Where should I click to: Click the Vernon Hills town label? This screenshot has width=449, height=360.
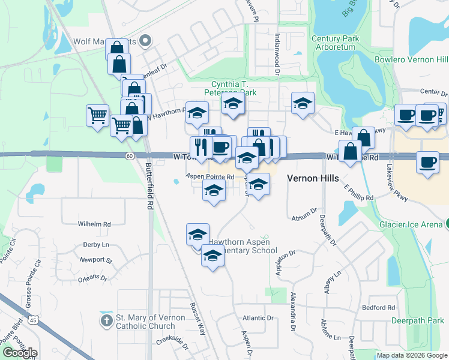[x=313, y=178]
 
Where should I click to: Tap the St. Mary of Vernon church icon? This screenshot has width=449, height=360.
[x=107, y=320]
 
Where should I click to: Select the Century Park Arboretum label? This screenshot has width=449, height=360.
[x=335, y=43]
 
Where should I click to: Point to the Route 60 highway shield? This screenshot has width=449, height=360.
[x=130, y=156]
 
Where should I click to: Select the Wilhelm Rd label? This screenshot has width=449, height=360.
[x=94, y=224]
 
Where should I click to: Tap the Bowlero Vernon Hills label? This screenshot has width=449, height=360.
[x=411, y=60]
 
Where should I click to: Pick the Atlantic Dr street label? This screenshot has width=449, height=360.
[x=258, y=318]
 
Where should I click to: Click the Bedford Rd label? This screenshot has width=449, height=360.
[x=378, y=308]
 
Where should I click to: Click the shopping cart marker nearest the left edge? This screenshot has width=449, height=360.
[x=97, y=115]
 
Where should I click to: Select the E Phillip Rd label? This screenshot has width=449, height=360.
[x=358, y=193]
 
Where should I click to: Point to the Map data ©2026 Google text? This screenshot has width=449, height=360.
[x=411, y=356]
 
